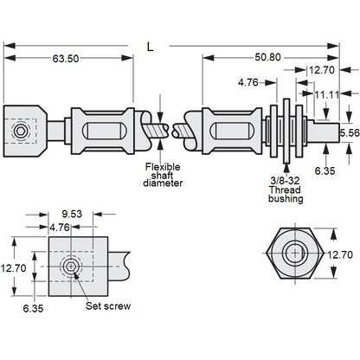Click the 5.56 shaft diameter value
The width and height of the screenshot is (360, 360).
(x=348, y=132)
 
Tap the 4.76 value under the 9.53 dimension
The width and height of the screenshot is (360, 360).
(x=59, y=228)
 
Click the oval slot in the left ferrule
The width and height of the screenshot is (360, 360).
(x=102, y=132)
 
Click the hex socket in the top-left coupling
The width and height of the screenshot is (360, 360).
(x=19, y=132)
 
